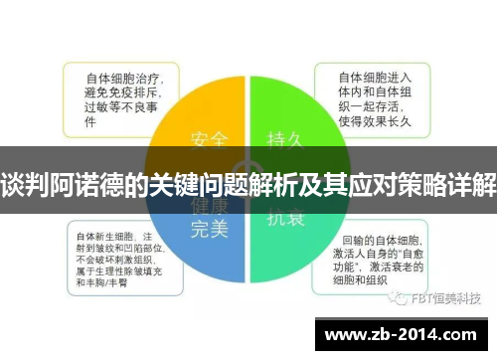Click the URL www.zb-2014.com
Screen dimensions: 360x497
(x=406, y=335)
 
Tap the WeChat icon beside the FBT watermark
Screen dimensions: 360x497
(x=397, y=296)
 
